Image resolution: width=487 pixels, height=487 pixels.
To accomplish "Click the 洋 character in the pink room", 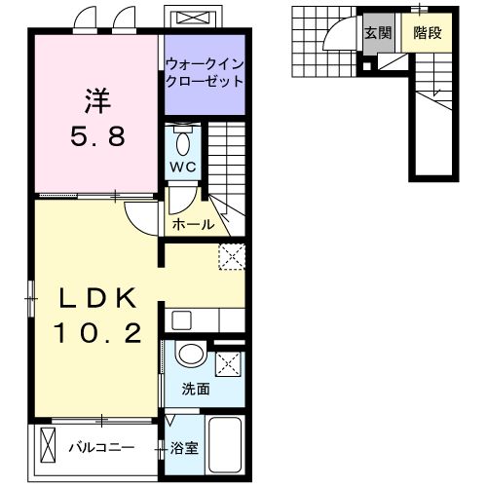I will (x=96, y=100).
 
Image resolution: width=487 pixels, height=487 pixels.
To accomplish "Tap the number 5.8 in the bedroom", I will (x=96, y=137).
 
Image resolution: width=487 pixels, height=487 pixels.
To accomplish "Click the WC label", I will (x=184, y=167).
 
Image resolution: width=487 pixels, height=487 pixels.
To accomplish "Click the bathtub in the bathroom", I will (x=226, y=446).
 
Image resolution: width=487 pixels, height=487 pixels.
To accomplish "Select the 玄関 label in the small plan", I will (x=379, y=32).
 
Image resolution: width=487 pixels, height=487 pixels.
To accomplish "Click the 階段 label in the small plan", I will (x=427, y=32).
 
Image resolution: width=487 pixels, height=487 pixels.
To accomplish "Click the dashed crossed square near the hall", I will (x=232, y=255).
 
